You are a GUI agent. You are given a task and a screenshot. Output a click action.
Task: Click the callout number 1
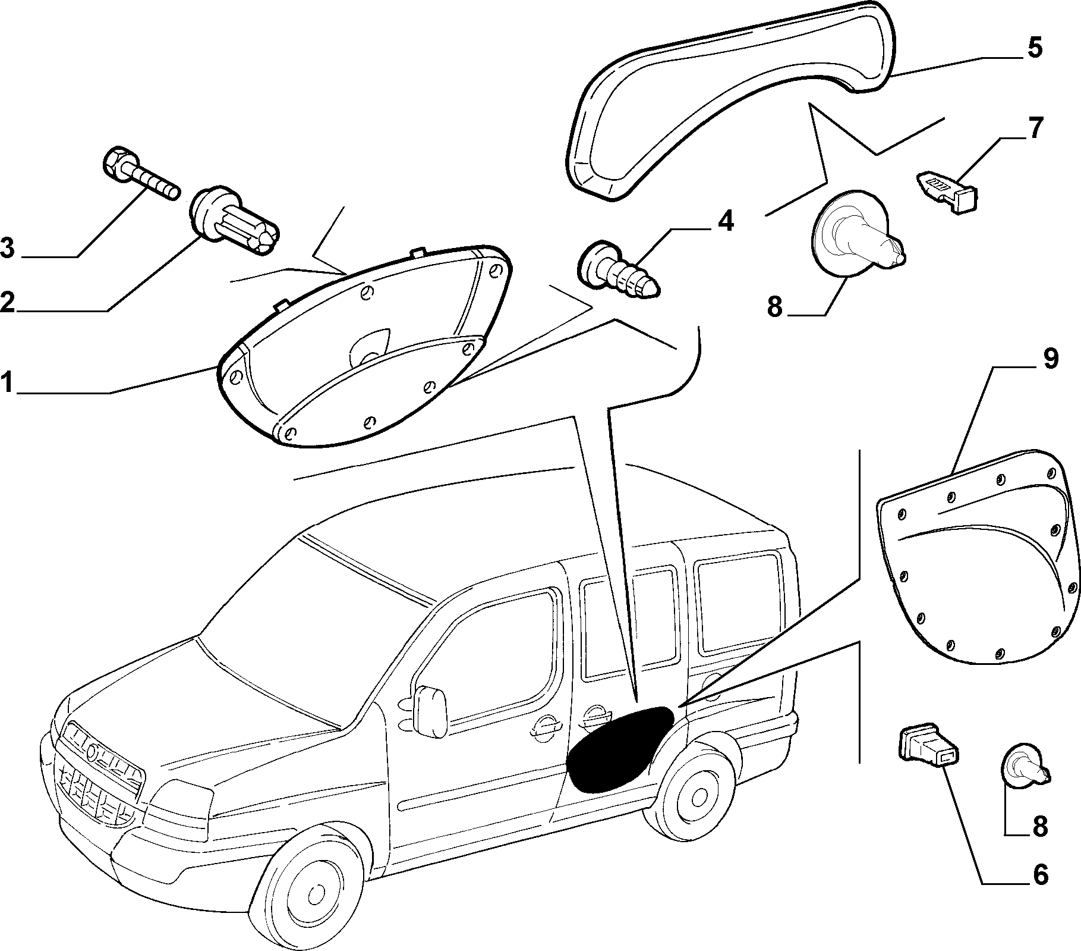(7, 383)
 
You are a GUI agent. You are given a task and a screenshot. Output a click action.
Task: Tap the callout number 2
(7, 302)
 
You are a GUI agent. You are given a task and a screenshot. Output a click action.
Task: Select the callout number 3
(8, 248)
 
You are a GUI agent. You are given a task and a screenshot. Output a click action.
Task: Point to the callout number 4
(725, 221)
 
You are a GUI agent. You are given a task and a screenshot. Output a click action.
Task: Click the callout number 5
(1035, 47)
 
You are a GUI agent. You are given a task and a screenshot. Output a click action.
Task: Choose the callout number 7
(1035, 128)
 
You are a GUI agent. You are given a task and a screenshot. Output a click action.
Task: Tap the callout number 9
(1050, 359)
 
